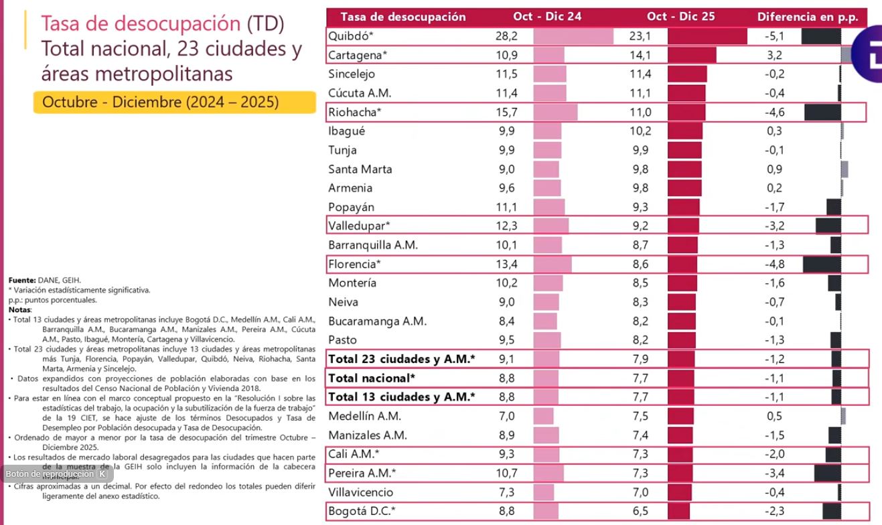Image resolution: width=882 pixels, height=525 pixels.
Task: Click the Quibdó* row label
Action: (x=349, y=36)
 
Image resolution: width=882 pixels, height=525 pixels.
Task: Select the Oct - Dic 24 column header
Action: (x=547, y=17)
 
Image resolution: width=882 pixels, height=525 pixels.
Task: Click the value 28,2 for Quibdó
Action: (x=506, y=36)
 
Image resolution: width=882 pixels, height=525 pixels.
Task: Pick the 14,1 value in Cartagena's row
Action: (x=640, y=55)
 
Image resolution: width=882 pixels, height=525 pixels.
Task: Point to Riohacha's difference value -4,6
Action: (x=774, y=112)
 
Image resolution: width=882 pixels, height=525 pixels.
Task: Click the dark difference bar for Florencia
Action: (x=822, y=264)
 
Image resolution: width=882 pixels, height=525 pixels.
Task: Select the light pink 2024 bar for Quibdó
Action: (x=573, y=36)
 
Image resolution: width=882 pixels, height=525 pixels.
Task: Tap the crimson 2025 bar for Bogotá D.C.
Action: (x=678, y=512)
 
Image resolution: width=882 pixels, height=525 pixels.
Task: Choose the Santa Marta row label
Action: (x=360, y=169)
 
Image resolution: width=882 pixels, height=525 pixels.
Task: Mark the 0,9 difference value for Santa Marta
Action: (x=774, y=169)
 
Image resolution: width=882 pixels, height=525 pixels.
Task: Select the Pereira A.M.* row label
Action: (x=362, y=473)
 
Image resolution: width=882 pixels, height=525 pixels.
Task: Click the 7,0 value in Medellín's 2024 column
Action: (x=506, y=416)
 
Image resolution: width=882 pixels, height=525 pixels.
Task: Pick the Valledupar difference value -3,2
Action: (x=774, y=226)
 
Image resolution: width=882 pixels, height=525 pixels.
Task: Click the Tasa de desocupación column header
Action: (x=402, y=17)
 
